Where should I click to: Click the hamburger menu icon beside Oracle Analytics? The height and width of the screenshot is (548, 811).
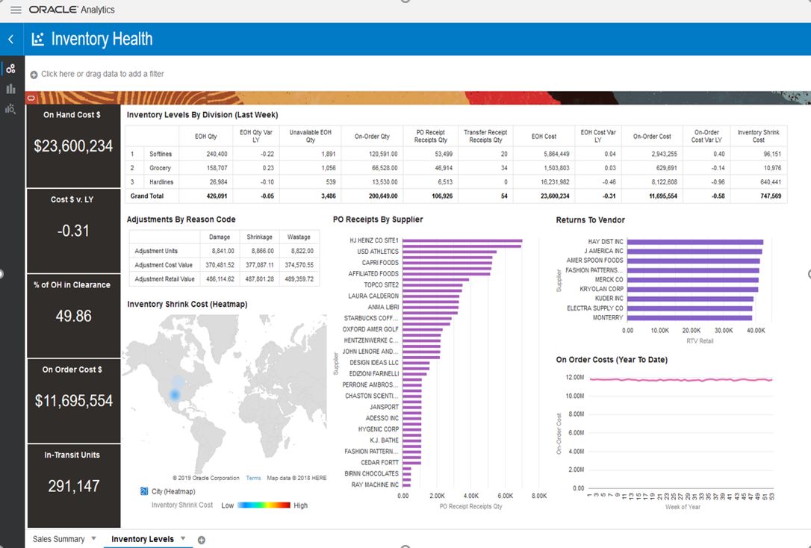16,10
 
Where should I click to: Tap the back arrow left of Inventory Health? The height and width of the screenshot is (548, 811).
10,40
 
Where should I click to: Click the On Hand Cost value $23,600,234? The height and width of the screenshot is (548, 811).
73,146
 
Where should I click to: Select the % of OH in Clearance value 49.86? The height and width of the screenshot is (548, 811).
73,316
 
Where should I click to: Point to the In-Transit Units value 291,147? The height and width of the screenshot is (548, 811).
73,486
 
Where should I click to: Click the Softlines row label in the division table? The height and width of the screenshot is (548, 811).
160,154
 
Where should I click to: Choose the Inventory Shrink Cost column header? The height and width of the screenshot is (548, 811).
758,136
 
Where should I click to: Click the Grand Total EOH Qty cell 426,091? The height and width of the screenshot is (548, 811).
211,196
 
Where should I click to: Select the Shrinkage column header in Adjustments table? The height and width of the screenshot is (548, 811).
259,237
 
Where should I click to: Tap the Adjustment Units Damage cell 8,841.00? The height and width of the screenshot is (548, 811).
220,251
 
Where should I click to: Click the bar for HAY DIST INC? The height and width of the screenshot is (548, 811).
695,242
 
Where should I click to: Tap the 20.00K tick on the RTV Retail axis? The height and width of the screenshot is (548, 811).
692,330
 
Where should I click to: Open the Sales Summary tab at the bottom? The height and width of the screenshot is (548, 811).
58,539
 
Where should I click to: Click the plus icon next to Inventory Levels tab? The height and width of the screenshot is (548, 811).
201,540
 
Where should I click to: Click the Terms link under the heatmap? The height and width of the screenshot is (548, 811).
253,478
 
